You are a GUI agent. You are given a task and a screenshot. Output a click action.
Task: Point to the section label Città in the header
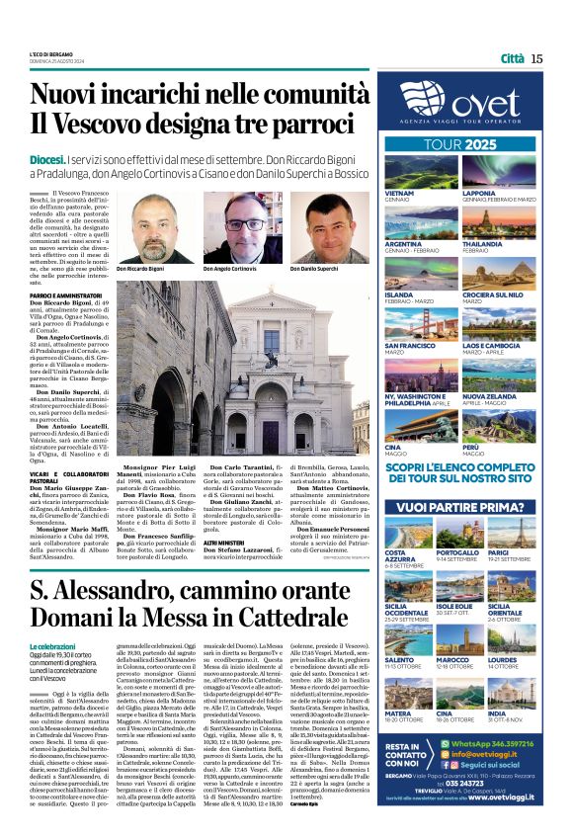pyautogui.click(x=512, y=58)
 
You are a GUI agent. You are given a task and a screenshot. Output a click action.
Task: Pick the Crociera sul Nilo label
pyautogui.click(x=522, y=294)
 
